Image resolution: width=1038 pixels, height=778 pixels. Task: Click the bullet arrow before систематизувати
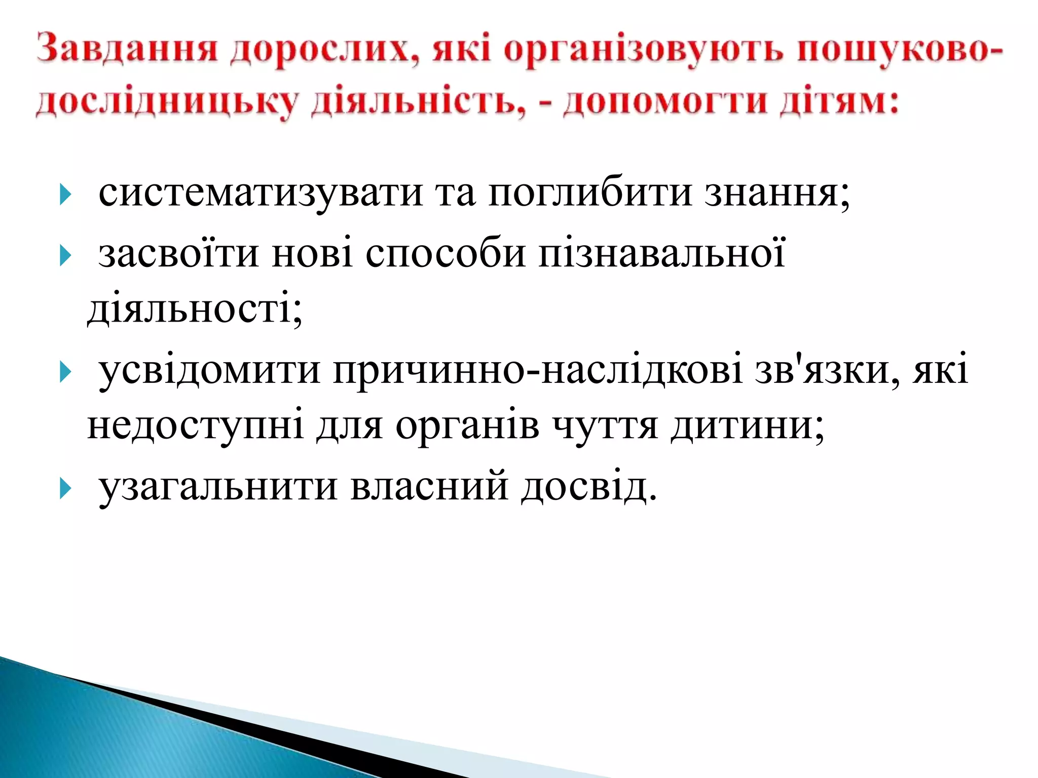pos(65,194)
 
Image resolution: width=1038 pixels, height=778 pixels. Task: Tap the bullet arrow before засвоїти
pos(65,255)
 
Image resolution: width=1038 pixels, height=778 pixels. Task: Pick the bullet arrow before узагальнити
pos(65,489)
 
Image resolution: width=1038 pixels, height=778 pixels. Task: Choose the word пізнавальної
pos(661,253)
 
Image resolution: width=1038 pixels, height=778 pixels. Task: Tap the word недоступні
pos(195,425)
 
